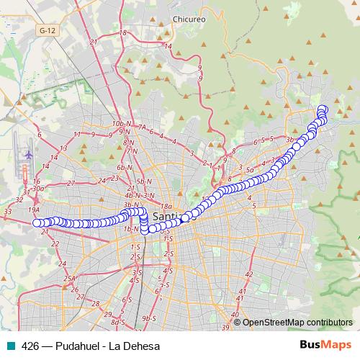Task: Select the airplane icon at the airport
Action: pyautogui.click(x=29, y=154)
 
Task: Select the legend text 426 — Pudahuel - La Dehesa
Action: pyautogui.click(x=91, y=346)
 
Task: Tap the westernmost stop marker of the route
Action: pyautogui.click(x=37, y=222)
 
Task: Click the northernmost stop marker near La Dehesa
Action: pyautogui.click(x=322, y=109)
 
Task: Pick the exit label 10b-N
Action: pyautogui.click(x=121, y=124)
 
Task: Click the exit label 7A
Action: pyautogui.click(x=142, y=128)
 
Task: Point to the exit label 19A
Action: pyautogui.click(x=33, y=209)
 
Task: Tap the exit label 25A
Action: pyautogui.click(x=69, y=278)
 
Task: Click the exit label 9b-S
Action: pyautogui.click(x=149, y=318)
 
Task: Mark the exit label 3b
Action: pyautogui.click(x=290, y=139)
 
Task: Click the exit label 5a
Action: pyautogui.click(x=251, y=171)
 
